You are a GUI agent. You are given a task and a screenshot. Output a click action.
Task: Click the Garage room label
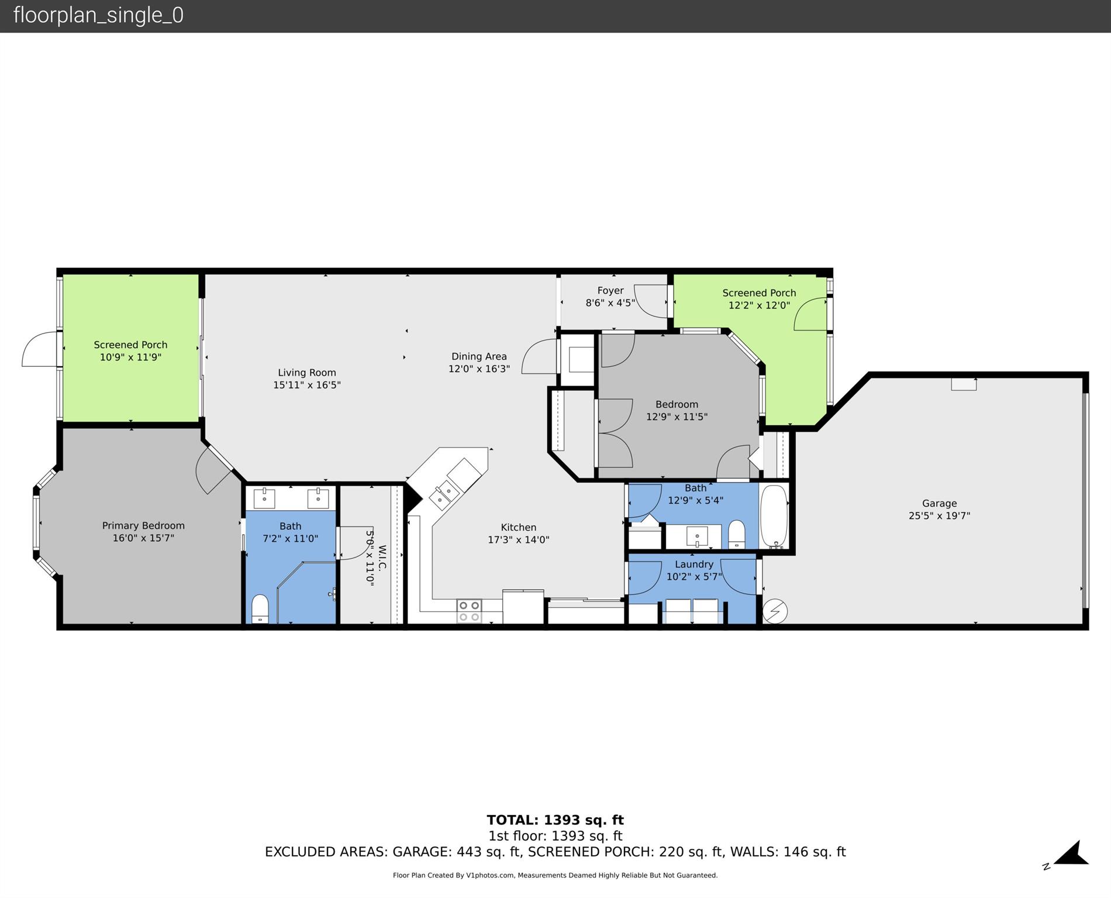(x=939, y=503)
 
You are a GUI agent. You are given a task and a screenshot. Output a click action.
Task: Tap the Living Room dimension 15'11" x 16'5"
(x=306, y=385)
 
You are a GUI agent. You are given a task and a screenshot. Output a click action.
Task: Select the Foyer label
(x=610, y=291)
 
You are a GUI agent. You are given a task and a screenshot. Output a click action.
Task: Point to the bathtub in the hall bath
(x=774, y=516)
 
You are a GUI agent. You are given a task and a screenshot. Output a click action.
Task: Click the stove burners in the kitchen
(x=469, y=611)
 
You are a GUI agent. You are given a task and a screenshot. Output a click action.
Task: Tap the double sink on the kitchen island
(x=444, y=492)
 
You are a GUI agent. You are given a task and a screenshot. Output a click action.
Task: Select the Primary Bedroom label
(x=143, y=525)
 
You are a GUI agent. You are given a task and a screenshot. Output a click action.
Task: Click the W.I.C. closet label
(x=382, y=558)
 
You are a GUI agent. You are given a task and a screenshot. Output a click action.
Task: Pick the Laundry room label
(x=693, y=564)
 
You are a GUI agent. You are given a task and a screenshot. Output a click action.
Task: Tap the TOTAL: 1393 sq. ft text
(x=555, y=820)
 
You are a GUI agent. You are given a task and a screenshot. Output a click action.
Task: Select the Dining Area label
(x=479, y=356)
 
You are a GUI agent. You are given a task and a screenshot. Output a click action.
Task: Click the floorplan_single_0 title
(x=98, y=15)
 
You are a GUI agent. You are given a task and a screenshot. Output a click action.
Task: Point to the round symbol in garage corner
(x=775, y=611)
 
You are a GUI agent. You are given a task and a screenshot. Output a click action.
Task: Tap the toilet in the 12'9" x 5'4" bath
(x=736, y=534)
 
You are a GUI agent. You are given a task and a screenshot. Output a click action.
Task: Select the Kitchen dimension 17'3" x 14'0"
(x=518, y=539)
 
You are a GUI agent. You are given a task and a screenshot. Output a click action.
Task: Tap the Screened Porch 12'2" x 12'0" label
(x=758, y=299)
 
